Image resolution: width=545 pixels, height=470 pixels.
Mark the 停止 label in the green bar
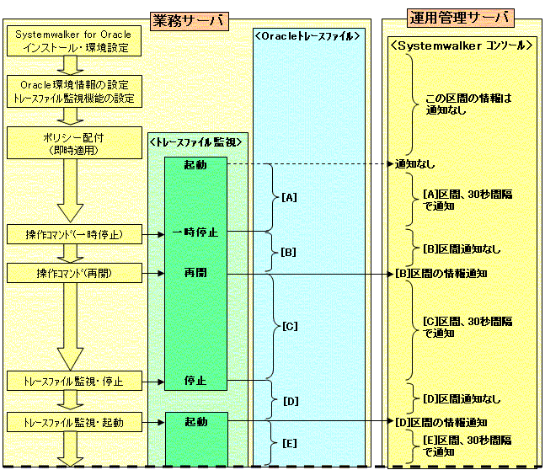[x=196, y=381]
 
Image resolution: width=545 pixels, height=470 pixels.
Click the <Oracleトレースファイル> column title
[x=307, y=36]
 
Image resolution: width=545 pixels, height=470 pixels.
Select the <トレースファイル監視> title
[x=195, y=142]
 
